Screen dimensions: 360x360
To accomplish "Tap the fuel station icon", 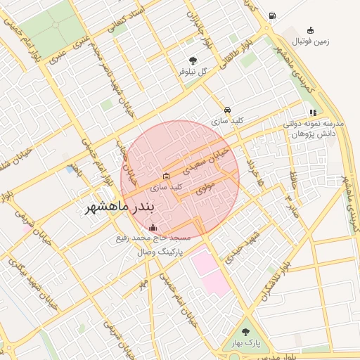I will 272,16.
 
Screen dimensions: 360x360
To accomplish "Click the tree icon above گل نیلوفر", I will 193,60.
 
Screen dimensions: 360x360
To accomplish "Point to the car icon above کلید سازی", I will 227,110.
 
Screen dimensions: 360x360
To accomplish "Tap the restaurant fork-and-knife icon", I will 312,112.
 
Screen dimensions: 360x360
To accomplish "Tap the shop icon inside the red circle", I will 166,176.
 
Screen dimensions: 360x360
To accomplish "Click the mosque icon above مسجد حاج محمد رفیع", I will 153,227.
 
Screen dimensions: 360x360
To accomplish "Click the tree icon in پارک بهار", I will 245,332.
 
